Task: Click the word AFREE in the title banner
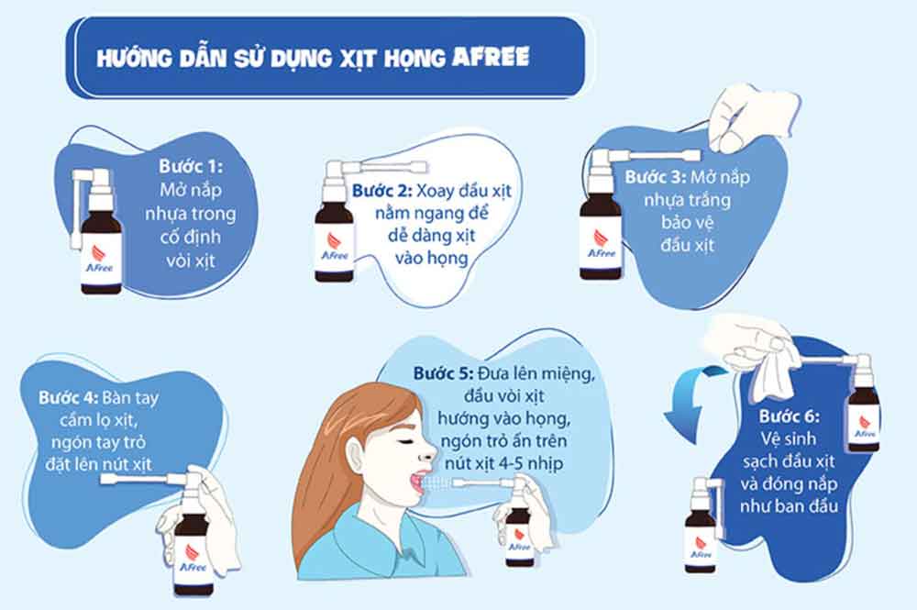pos(491,57)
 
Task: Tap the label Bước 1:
pos(191,166)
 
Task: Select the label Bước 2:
pos(383,191)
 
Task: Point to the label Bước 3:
pos(656,177)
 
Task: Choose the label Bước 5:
pos(443,372)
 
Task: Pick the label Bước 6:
pos(789,416)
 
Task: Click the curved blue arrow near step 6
pos(691,398)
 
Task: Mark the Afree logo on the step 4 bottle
pos(193,559)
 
